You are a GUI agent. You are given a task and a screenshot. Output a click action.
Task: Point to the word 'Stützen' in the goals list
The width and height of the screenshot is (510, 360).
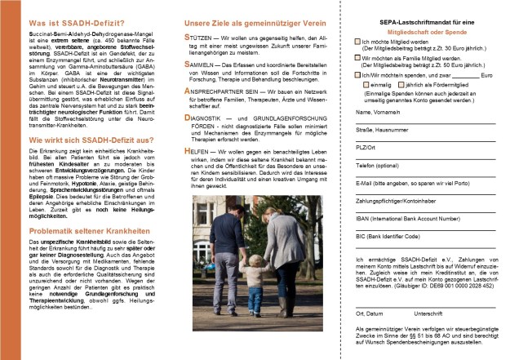click(x=199, y=38)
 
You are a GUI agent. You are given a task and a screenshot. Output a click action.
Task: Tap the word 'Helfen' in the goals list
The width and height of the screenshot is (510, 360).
click(x=198, y=151)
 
